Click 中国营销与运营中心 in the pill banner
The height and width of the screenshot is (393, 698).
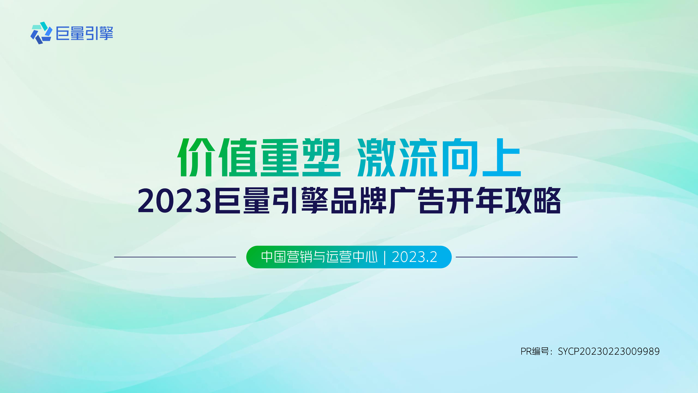[x=319, y=257]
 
